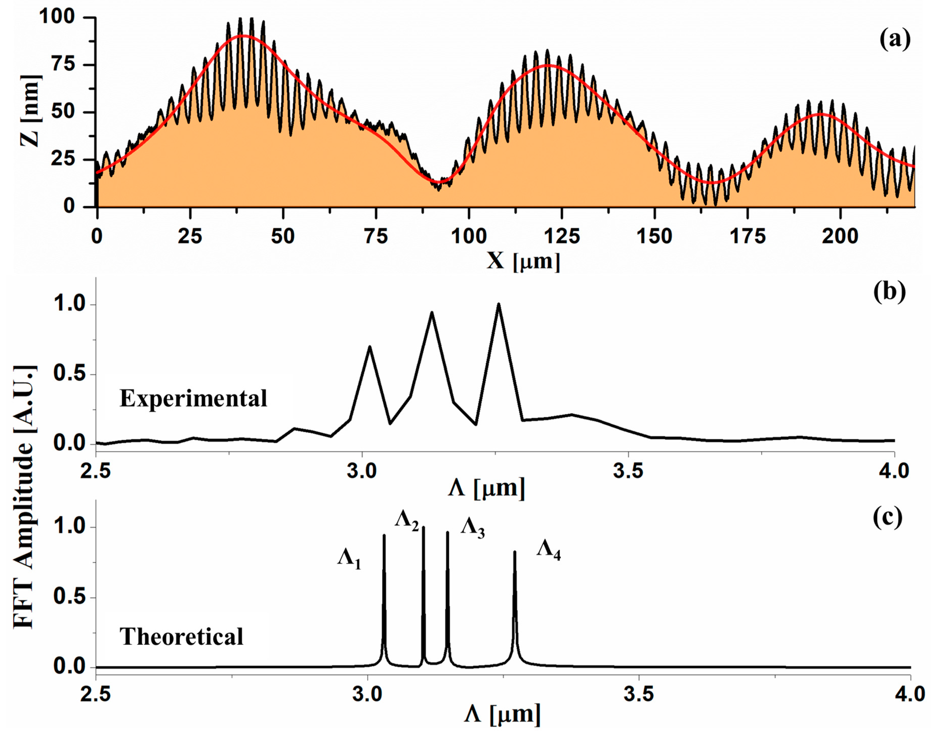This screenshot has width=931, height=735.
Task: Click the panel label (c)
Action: [x=887, y=518]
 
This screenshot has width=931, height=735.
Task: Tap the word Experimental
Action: [x=193, y=398]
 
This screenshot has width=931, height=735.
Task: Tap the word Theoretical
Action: [x=181, y=637]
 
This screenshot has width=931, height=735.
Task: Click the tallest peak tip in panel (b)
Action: [x=499, y=304]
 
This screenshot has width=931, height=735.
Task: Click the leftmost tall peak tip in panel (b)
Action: [x=369, y=346]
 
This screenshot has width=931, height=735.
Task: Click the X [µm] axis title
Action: [x=523, y=261]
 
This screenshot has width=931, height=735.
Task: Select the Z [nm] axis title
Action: [x=31, y=111]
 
